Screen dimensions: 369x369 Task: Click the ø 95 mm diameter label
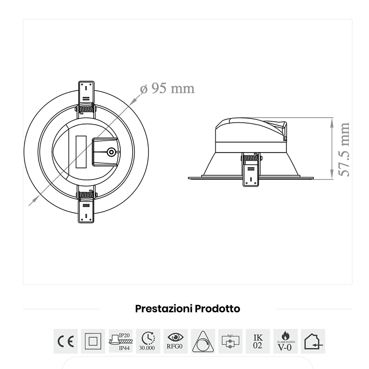coord(167,89)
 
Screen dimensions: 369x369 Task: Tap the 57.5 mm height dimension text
coord(344,149)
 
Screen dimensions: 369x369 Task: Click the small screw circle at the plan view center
coord(111,152)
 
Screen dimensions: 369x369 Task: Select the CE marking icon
coord(65,341)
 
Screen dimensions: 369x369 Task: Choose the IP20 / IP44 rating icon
coord(121,341)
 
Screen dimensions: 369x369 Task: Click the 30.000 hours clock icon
coord(148,341)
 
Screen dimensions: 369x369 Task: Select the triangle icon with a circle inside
coord(203,342)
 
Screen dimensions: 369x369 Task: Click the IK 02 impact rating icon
coord(258,341)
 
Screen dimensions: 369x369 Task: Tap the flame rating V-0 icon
coord(286,341)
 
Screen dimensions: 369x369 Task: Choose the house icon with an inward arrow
coord(313,341)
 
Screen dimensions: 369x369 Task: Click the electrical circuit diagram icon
coord(231,341)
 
